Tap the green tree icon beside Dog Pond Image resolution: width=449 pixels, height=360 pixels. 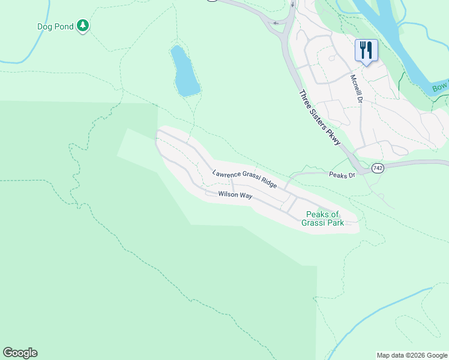(x=83, y=25)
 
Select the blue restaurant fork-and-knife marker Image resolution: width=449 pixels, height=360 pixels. (x=366, y=50)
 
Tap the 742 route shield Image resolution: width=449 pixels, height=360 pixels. (x=377, y=169)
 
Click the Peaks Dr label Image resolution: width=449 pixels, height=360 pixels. (x=342, y=175)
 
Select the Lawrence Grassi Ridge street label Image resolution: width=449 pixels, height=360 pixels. (x=244, y=179)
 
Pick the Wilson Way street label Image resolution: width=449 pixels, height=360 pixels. (x=235, y=194)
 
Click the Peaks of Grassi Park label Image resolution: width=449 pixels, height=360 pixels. (x=323, y=218)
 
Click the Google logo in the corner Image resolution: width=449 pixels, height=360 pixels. (x=20, y=353)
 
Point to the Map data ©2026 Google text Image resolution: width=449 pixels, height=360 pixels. (x=412, y=355)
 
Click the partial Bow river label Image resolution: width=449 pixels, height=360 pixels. (x=440, y=88)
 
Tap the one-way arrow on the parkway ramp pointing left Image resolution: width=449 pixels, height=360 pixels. (x=276, y=23)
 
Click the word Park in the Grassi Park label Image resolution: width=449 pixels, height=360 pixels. (x=334, y=223)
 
